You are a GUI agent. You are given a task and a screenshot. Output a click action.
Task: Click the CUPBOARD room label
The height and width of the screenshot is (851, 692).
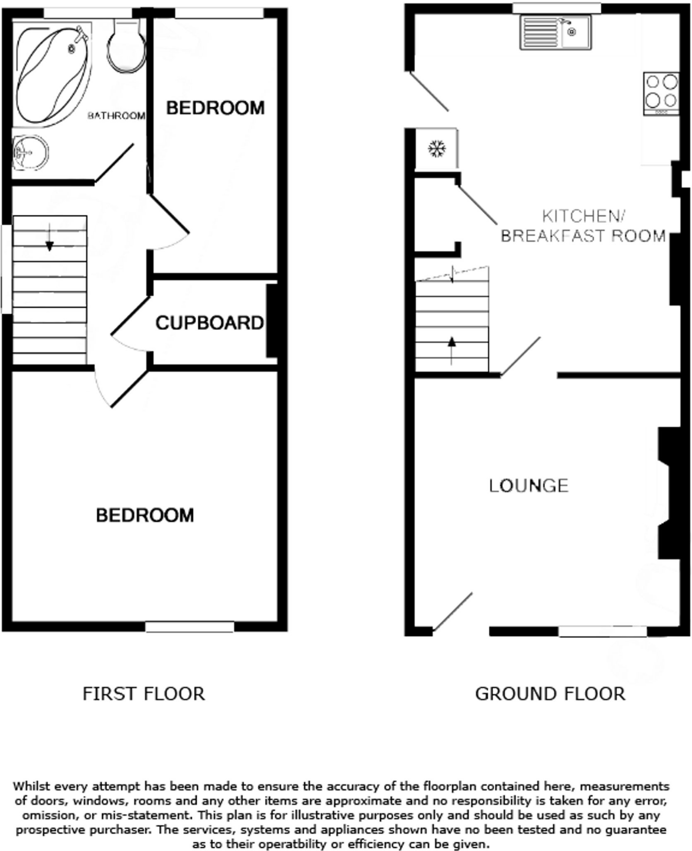(209, 323)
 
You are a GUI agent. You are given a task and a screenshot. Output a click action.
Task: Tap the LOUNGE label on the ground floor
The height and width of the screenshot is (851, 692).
(528, 486)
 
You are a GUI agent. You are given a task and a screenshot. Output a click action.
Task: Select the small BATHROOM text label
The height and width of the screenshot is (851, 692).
(116, 116)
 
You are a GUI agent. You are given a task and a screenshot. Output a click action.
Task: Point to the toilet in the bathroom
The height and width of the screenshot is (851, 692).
(127, 48)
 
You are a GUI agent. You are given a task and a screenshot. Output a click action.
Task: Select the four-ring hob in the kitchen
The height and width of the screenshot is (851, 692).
(661, 93)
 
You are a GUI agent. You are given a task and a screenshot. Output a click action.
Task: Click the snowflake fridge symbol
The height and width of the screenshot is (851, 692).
(437, 148)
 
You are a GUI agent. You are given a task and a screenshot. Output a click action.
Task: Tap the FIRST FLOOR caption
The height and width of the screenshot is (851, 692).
(143, 694)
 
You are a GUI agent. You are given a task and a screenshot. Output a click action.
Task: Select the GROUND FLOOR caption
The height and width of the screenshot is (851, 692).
(550, 694)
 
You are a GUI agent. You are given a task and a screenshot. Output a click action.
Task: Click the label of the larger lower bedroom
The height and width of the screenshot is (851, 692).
(145, 515)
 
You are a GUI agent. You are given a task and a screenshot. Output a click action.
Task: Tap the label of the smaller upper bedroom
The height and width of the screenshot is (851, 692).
(215, 108)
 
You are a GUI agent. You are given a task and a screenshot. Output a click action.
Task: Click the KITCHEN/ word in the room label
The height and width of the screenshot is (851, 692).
(584, 216)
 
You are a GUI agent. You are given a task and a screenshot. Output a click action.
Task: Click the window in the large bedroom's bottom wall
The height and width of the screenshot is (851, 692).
(190, 626)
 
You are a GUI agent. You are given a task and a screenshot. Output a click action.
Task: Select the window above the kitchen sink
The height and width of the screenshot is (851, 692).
(557, 8)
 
